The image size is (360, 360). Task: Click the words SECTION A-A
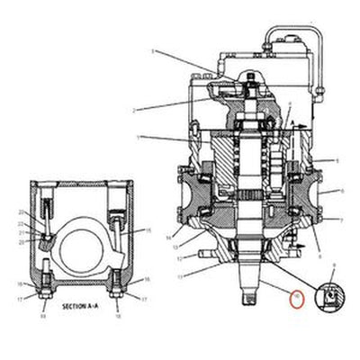coord(81,307)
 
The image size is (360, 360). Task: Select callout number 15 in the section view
coord(148,231)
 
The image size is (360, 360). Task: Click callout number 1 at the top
coord(154,51)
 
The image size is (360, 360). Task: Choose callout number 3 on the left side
coord(138,138)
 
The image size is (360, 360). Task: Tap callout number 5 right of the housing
coord(337,159)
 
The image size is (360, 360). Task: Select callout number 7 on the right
coord(340,219)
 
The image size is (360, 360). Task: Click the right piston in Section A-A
coord(116,220)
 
